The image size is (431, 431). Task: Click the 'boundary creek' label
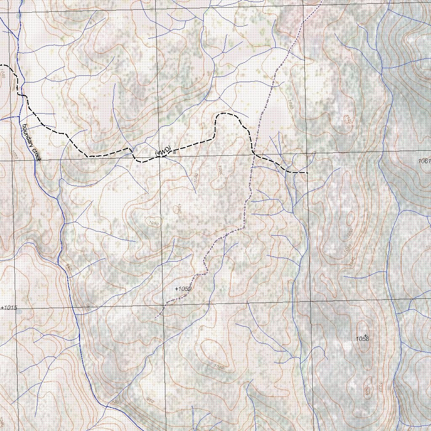(x=31, y=142)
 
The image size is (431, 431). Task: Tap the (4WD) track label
(x=163, y=151)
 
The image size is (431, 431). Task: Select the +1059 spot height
(x=183, y=289)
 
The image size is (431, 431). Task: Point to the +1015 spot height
(x=9, y=308)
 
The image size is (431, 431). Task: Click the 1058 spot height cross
(x=365, y=335)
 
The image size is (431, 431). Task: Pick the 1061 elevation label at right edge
(x=425, y=161)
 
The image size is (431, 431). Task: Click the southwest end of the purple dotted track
(x=156, y=317)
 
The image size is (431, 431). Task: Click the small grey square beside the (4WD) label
(x=174, y=153)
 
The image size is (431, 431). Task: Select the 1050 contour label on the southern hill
(x=218, y=367)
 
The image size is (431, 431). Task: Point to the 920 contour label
(x=114, y=402)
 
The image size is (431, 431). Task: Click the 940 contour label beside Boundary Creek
(x=69, y=268)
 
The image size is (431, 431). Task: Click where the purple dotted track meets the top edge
(x=322, y=1)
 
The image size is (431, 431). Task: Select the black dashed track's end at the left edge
(x=1, y=65)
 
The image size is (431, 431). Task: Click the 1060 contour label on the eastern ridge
(x=348, y=248)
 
